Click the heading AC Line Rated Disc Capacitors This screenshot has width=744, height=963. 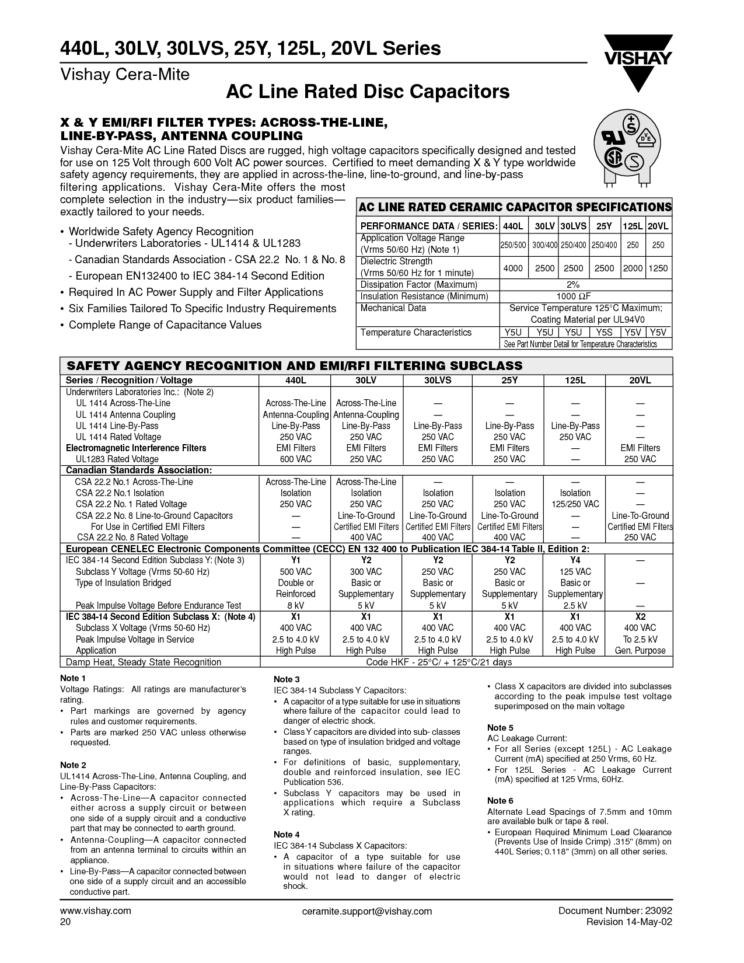[368, 92]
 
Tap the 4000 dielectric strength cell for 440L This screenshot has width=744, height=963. [514, 268]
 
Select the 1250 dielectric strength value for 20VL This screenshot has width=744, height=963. [658, 268]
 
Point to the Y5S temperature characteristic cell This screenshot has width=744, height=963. [604, 332]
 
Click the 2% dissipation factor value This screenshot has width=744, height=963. [585, 285]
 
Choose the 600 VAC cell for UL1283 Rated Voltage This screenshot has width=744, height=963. [295, 459]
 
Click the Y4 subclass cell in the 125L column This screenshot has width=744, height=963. [575, 560]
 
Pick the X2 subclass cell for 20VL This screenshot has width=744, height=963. [640, 616]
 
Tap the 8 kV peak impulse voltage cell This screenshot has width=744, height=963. [295, 605]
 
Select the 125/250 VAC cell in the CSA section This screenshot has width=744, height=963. [575, 504]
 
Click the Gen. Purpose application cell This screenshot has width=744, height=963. [640, 650]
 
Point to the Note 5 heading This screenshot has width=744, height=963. [500, 728]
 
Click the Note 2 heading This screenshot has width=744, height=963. [74, 765]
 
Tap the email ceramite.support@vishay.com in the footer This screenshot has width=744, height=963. [368, 911]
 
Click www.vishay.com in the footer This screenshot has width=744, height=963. [96, 910]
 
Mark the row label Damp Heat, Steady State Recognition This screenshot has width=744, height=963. [144, 662]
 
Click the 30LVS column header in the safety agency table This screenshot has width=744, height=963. [438, 381]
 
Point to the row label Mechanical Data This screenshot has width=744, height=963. [393, 308]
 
